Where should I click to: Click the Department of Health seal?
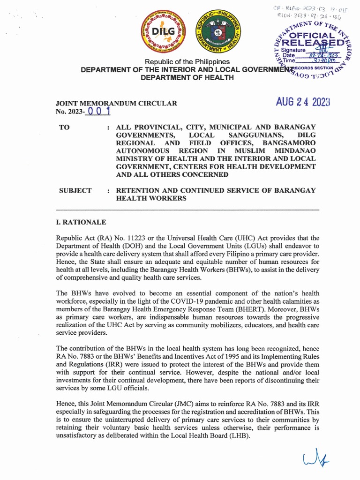tap(217, 32)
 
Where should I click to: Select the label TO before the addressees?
tap(64, 127)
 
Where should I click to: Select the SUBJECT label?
tap(75, 190)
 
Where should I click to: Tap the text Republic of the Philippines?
tap(187, 62)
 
